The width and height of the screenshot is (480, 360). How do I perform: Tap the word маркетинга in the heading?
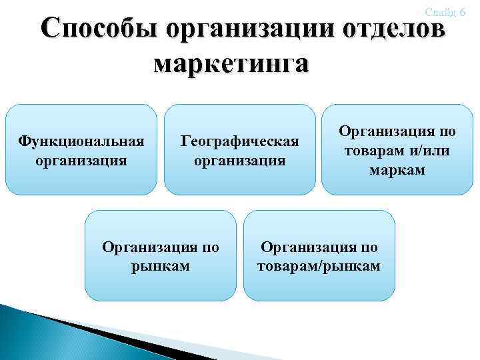[x=231, y=64]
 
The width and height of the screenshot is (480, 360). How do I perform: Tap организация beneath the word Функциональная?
[x=81, y=160]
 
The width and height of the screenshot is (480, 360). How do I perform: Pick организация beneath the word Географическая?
[x=240, y=160]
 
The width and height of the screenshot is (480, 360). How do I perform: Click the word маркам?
[x=397, y=170]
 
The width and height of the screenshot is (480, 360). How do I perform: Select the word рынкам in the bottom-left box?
[x=160, y=266]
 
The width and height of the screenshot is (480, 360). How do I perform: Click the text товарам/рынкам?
[x=319, y=266]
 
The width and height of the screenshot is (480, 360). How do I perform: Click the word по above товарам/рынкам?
[x=369, y=247]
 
